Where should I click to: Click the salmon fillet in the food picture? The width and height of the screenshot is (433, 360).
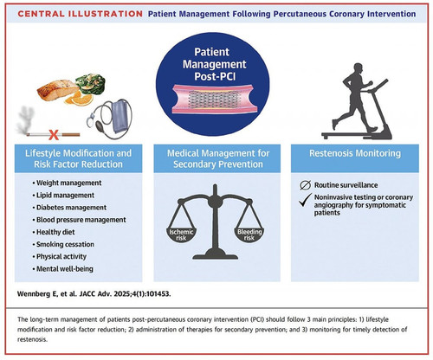point(58,90)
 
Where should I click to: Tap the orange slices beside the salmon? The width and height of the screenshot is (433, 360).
point(79,99)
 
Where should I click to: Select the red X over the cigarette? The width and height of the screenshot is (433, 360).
point(54,135)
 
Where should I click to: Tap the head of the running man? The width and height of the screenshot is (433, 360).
point(358,67)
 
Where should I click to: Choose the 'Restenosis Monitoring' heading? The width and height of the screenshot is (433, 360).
point(355,153)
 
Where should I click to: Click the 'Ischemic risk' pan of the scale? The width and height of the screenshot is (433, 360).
point(181,235)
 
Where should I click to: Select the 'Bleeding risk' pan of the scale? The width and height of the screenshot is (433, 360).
point(249,235)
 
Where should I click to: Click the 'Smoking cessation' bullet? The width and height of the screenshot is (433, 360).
point(63,244)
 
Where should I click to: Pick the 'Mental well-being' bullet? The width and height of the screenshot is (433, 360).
point(63,269)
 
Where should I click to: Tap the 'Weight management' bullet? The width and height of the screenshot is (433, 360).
point(67,183)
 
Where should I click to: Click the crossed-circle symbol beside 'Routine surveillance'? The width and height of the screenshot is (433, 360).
point(305,185)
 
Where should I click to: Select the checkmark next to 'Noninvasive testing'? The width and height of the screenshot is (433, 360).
point(306,200)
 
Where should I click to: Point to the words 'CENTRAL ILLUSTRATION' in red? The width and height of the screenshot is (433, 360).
point(81,14)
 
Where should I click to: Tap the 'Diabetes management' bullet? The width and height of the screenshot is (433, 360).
point(69,208)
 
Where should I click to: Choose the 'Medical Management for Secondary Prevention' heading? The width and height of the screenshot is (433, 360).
point(218,158)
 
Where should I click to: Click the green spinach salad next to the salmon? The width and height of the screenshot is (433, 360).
point(91,84)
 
